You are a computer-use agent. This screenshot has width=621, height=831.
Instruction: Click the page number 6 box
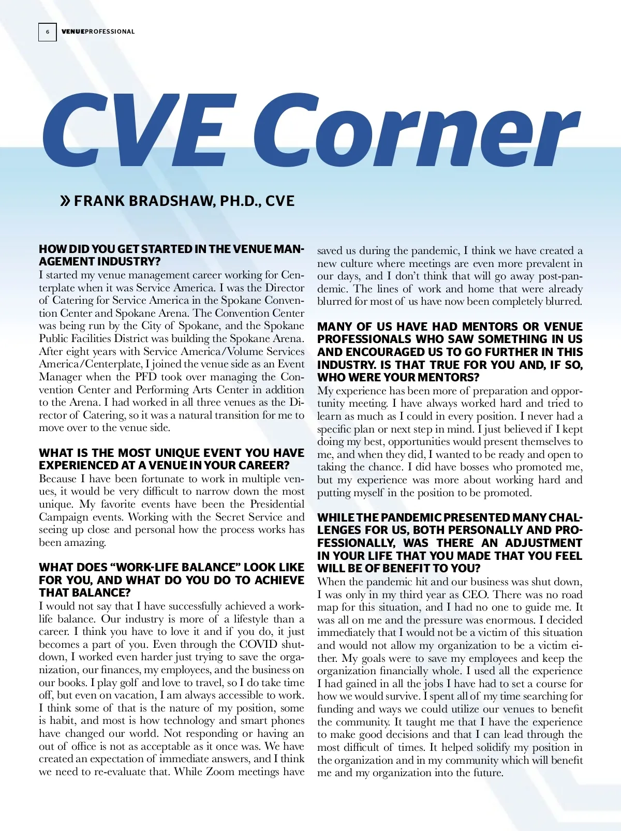pyautogui.click(x=47, y=32)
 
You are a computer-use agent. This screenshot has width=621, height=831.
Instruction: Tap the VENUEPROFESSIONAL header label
pyautogui.click(x=98, y=32)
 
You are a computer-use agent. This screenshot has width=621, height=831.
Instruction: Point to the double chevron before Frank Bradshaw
pyautogui.click(x=66, y=201)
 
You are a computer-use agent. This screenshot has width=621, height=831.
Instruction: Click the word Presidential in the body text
pyautogui.click(x=277, y=504)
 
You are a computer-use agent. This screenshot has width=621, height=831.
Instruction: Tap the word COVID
pyautogui.click(x=258, y=644)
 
